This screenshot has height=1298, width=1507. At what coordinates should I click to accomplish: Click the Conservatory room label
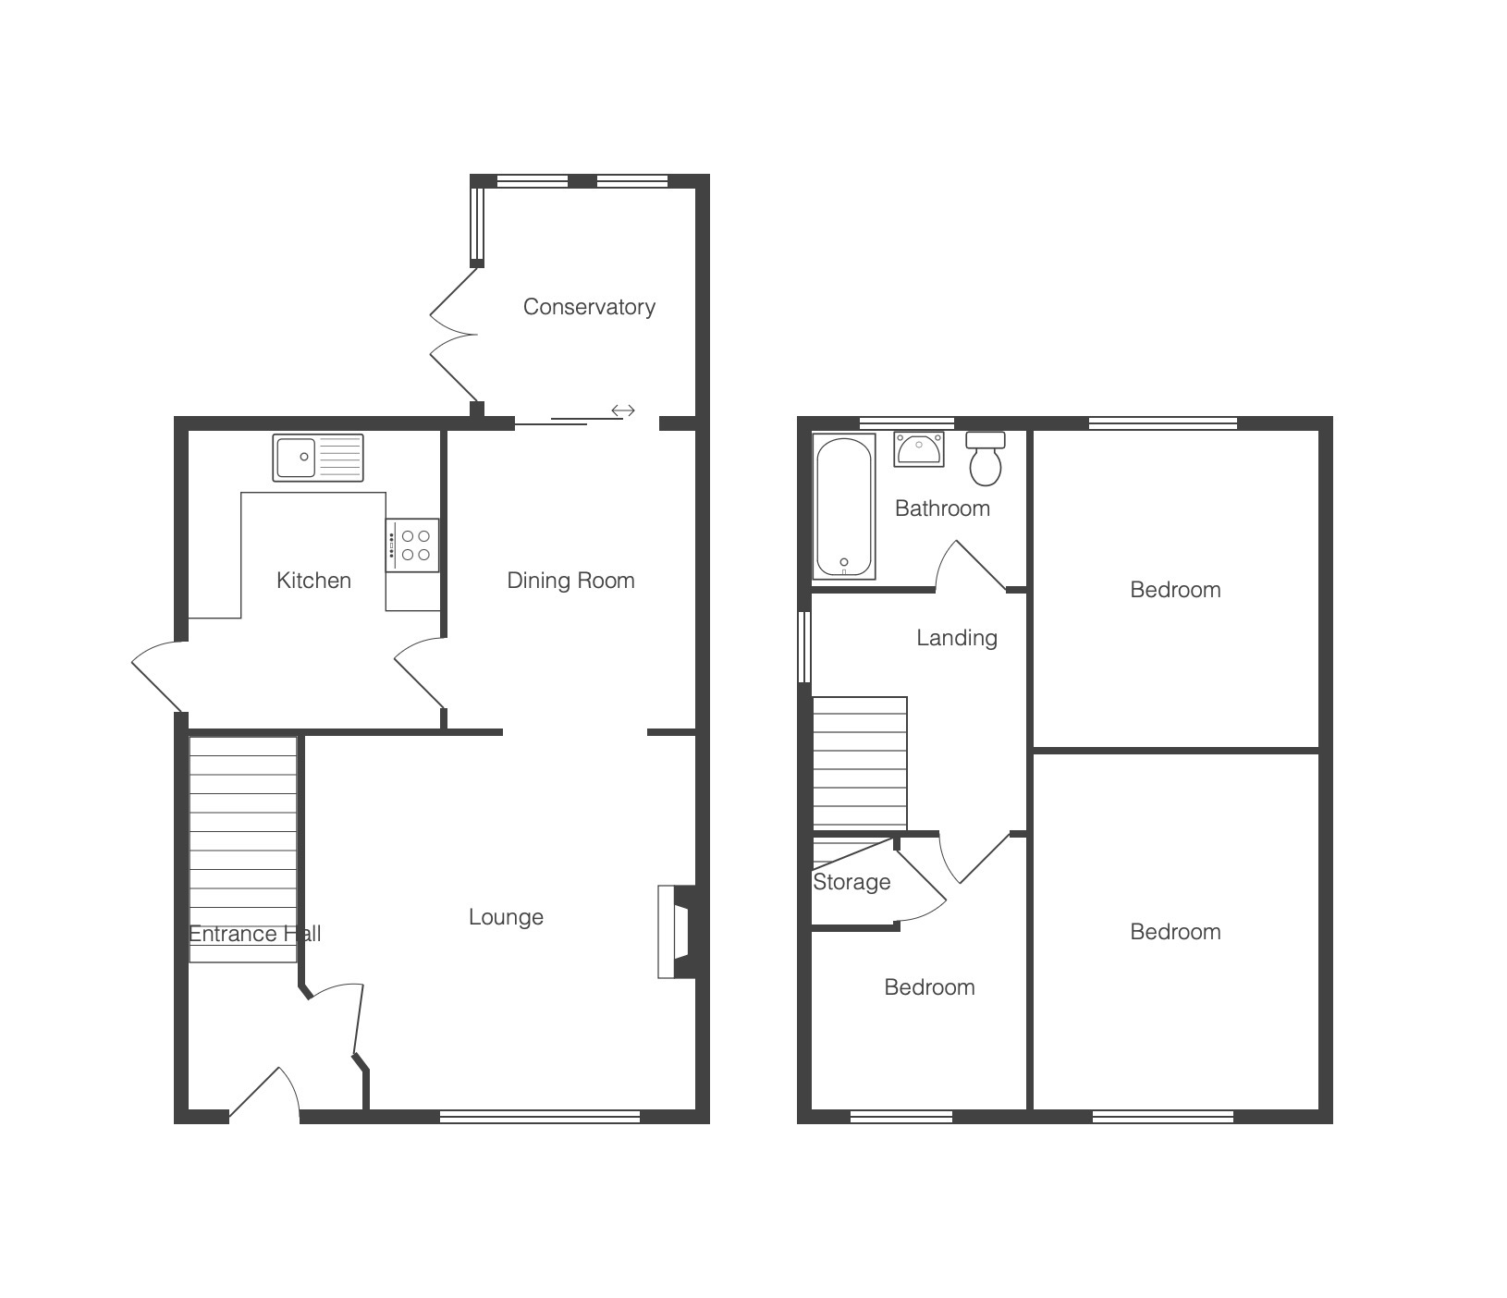(x=589, y=307)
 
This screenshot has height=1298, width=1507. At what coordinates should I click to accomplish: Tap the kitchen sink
(x=318, y=458)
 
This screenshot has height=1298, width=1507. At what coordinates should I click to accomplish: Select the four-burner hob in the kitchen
(x=412, y=545)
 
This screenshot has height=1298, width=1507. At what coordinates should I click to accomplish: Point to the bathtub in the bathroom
(x=844, y=507)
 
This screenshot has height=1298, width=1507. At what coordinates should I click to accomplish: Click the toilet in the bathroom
(x=986, y=459)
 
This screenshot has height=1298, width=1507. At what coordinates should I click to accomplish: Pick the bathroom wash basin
(x=919, y=449)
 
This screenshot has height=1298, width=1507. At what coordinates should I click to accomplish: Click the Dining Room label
(x=570, y=581)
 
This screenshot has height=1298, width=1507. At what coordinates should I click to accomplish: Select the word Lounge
(x=506, y=917)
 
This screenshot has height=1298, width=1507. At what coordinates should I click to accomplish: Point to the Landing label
(x=957, y=638)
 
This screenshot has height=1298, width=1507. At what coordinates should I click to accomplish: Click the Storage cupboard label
(x=852, y=882)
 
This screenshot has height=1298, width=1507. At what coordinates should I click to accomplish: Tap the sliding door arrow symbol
(x=623, y=410)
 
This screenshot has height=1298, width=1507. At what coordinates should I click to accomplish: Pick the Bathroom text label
(x=942, y=508)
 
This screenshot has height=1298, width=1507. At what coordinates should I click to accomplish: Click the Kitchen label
(x=313, y=581)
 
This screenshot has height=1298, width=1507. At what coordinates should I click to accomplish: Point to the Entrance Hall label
(x=254, y=934)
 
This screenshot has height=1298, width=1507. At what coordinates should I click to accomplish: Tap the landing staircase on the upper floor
(x=860, y=764)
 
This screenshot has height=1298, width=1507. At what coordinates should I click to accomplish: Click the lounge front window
(x=540, y=1117)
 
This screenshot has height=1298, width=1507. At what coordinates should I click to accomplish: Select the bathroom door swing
(x=970, y=565)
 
